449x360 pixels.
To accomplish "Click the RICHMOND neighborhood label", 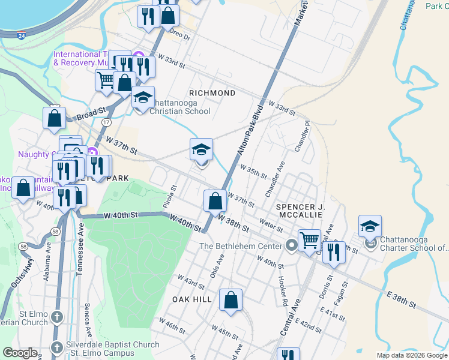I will point(212,93).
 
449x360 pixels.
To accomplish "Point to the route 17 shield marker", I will point(106,122).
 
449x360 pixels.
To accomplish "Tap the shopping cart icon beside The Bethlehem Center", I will point(309,241).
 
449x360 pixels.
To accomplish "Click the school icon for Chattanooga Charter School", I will point(370,227).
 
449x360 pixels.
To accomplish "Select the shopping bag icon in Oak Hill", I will point(231,300).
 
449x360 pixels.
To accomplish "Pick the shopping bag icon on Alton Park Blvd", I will point(215,201).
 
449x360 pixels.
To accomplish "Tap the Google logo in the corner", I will point(20,353).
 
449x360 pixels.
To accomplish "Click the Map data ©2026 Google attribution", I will point(411,355).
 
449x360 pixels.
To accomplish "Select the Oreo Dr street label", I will point(178,35).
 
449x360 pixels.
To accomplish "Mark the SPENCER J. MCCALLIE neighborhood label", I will point(300,211).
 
